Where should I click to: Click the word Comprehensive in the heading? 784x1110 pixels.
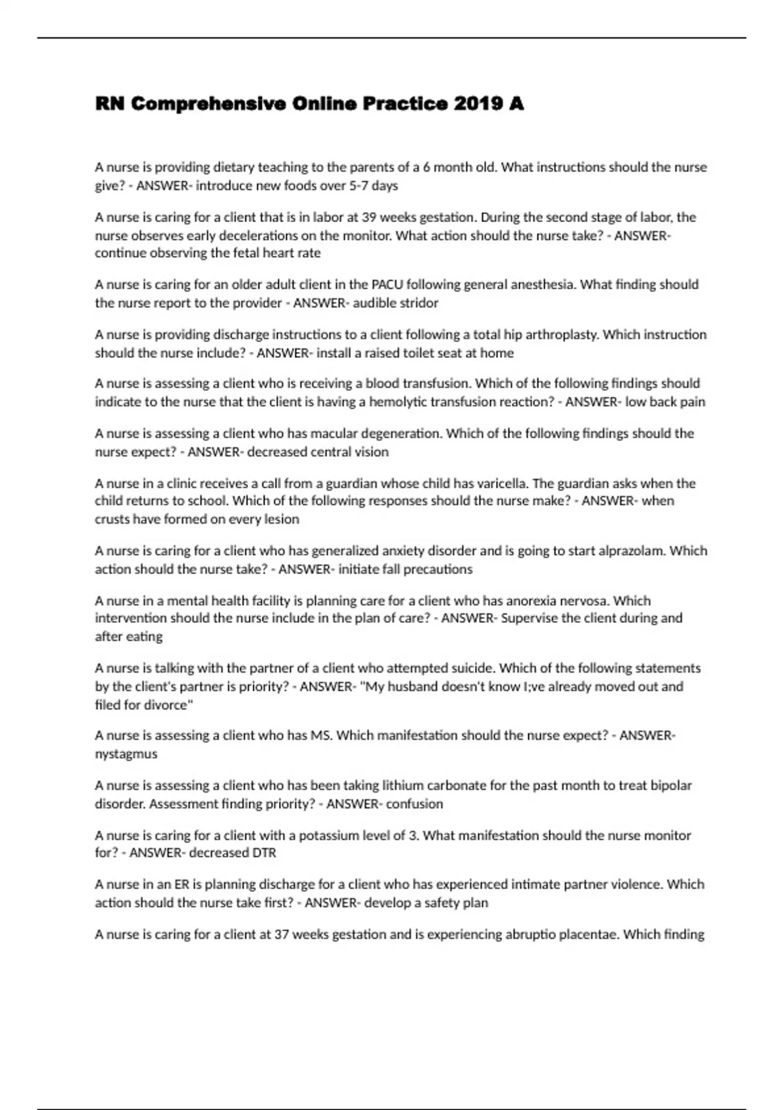click(x=208, y=104)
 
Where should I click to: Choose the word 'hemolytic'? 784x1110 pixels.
click(x=399, y=402)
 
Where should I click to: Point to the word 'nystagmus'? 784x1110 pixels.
click(x=126, y=754)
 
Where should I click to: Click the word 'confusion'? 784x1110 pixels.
click(x=414, y=804)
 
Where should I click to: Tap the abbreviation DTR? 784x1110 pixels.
click(x=264, y=853)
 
